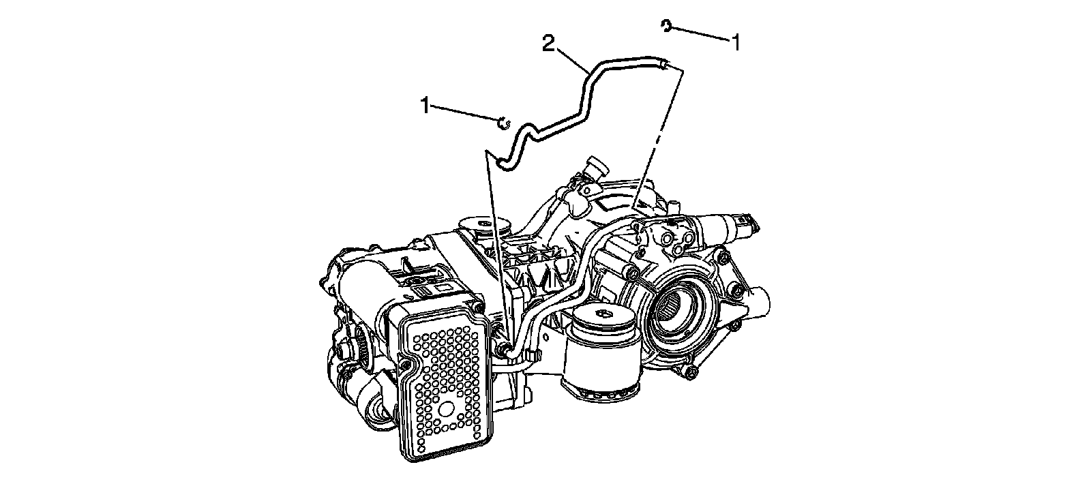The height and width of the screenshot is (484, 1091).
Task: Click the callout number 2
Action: coord(547,44)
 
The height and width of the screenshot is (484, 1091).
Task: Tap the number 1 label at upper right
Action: coord(736,42)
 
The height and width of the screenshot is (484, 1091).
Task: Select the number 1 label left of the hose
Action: coord(425,106)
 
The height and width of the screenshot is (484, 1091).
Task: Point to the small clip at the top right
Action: coord(666,26)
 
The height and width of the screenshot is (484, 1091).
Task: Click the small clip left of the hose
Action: coord(503,122)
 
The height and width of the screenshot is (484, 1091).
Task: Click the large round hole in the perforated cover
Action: coord(447,409)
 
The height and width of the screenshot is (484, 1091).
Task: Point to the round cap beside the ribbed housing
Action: coord(485,228)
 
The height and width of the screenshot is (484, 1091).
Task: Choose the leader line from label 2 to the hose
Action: coord(569,57)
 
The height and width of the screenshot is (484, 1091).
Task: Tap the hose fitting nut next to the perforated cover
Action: coord(504,350)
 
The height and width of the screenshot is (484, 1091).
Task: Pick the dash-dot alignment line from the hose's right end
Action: coord(657,136)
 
